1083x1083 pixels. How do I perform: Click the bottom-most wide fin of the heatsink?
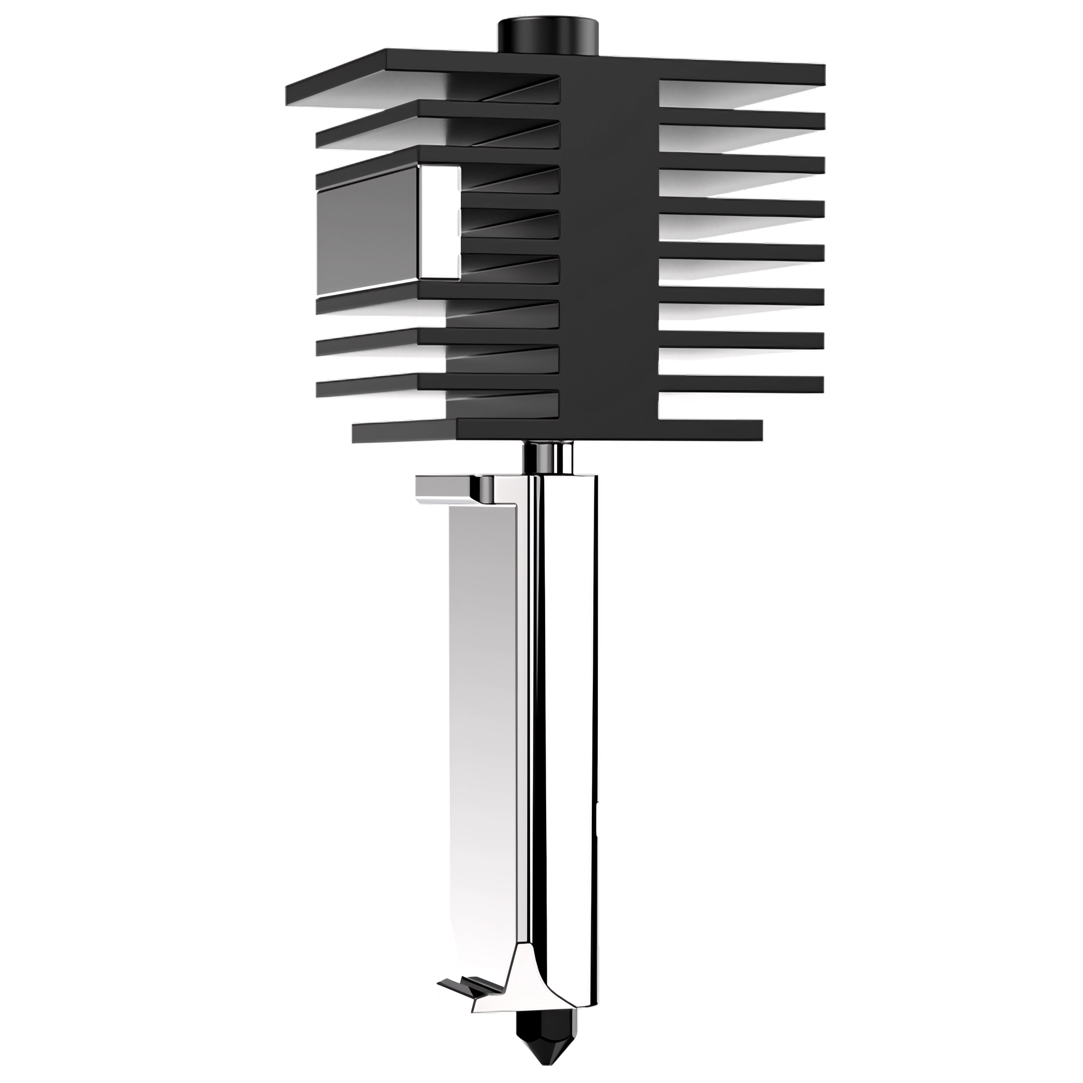(x=561, y=429)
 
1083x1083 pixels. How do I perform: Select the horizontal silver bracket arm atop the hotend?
(x=448, y=487)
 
